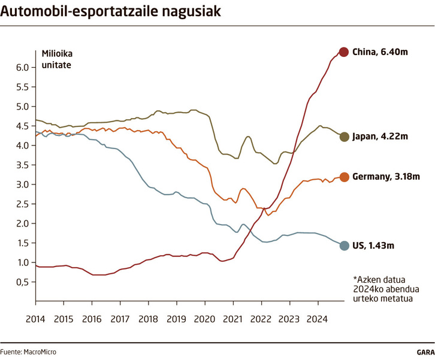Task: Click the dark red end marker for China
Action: click(x=344, y=52)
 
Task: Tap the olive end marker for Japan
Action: click(x=344, y=137)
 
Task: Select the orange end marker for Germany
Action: click(x=344, y=177)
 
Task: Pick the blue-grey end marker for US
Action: click(x=344, y=246)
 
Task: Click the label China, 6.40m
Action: click(x=380, y=52)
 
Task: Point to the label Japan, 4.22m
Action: click(x=380, y=137)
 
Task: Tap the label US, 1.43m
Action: click(x=375, y=246)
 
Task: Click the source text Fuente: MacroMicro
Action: click(x=28, y=352)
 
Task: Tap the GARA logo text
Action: click(x=425, y=352)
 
